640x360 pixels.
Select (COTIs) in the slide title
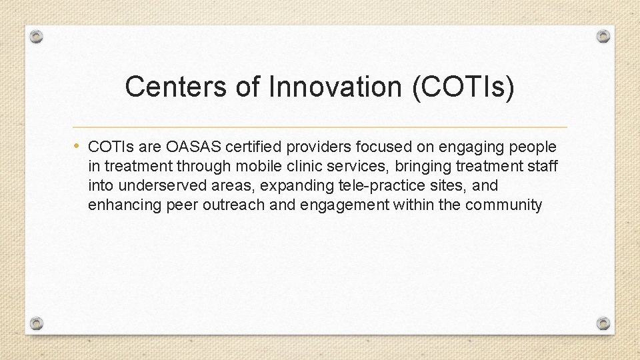[x=463, y=87]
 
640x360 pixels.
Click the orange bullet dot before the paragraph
[x=78, y=145]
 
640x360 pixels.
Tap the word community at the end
[x=504, y=204]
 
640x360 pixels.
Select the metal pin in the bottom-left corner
[x=37, y=323]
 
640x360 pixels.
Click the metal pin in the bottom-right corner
[x=603, y=323]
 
